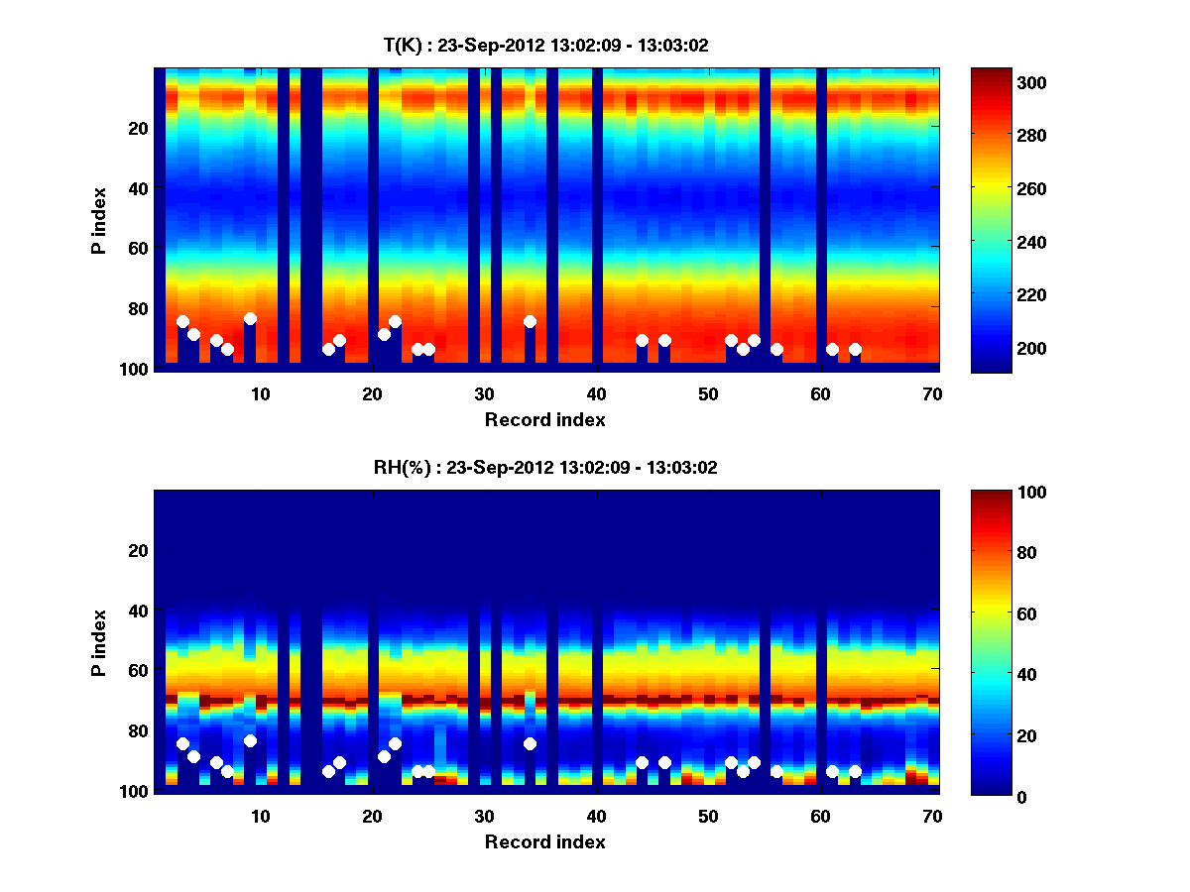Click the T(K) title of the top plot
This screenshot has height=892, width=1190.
pyautogui.click(x=545, y=46)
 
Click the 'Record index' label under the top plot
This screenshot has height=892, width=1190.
pyautogui.click(x=545, y=420)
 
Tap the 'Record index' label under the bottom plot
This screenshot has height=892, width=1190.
pyautogui.click(x=545, y=842)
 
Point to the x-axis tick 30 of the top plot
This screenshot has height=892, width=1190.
pyautogui.click(x=484, y=393)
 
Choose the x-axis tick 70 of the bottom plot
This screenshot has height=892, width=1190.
pyautogui.click(x=932, y=816)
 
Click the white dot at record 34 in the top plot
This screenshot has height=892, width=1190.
pyautogui.click(x=530, y=321)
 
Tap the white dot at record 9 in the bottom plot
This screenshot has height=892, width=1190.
pyautogui.click(x=250, y=740)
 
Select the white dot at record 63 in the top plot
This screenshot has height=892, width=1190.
pyautogui.click(x=855, y=349)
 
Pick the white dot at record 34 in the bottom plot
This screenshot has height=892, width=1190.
pyautogui.click(x=530, y=743)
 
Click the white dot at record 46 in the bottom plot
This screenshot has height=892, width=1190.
pyautogui.click(x=664, y=762)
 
